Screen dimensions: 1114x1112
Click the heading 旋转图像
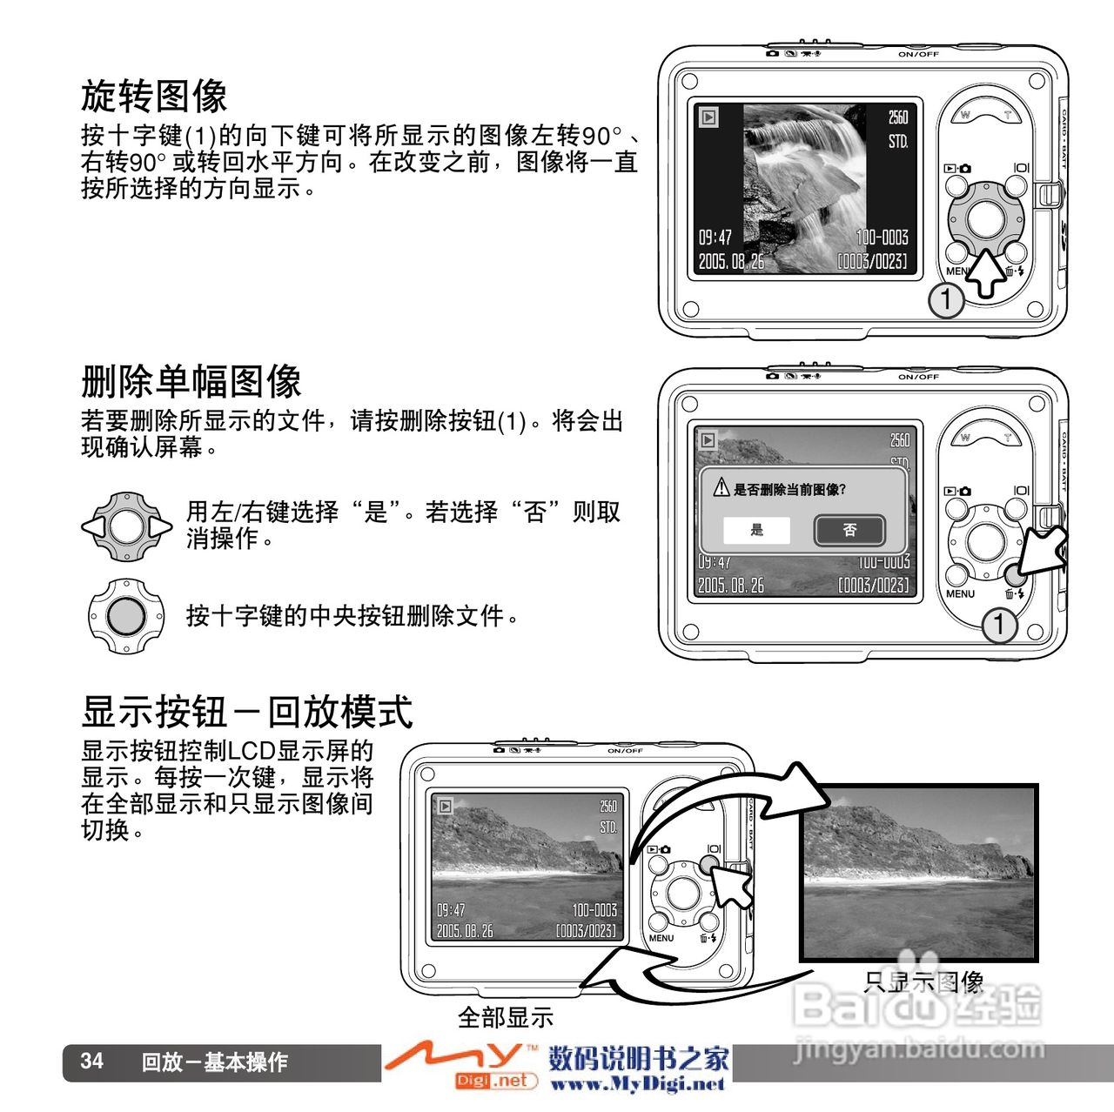(x=154, y=96)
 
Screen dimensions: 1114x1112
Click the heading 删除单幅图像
(x=191, y=381)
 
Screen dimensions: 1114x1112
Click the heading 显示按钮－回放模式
(x=247, y=712)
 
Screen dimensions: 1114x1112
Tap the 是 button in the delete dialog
(x=756, y=529)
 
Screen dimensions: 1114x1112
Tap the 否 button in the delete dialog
(x=849, y=529)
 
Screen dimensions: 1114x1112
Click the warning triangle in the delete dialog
(x=721, y=488)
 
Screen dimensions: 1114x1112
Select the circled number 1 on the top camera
(x=945, y=300)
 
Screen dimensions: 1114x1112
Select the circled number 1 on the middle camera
(x=999, y=624)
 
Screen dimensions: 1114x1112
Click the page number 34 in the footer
(x=92, y=1062)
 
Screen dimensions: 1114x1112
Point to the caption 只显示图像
(x=923, y=982)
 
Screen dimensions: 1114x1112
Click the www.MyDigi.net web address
(x=638, y=1083)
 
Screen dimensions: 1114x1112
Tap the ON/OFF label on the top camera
(x=918, y=54)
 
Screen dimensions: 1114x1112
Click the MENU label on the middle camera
(x=960, y=593)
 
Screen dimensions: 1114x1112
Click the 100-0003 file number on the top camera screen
(x=882, y=237)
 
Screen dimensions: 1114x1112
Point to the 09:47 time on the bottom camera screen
(x=450, y=910)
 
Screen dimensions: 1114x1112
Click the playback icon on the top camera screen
(x=708, y=117)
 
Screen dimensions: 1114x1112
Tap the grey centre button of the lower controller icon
(x=126, y=615)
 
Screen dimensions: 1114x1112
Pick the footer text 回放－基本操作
(x=214, y=1062)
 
